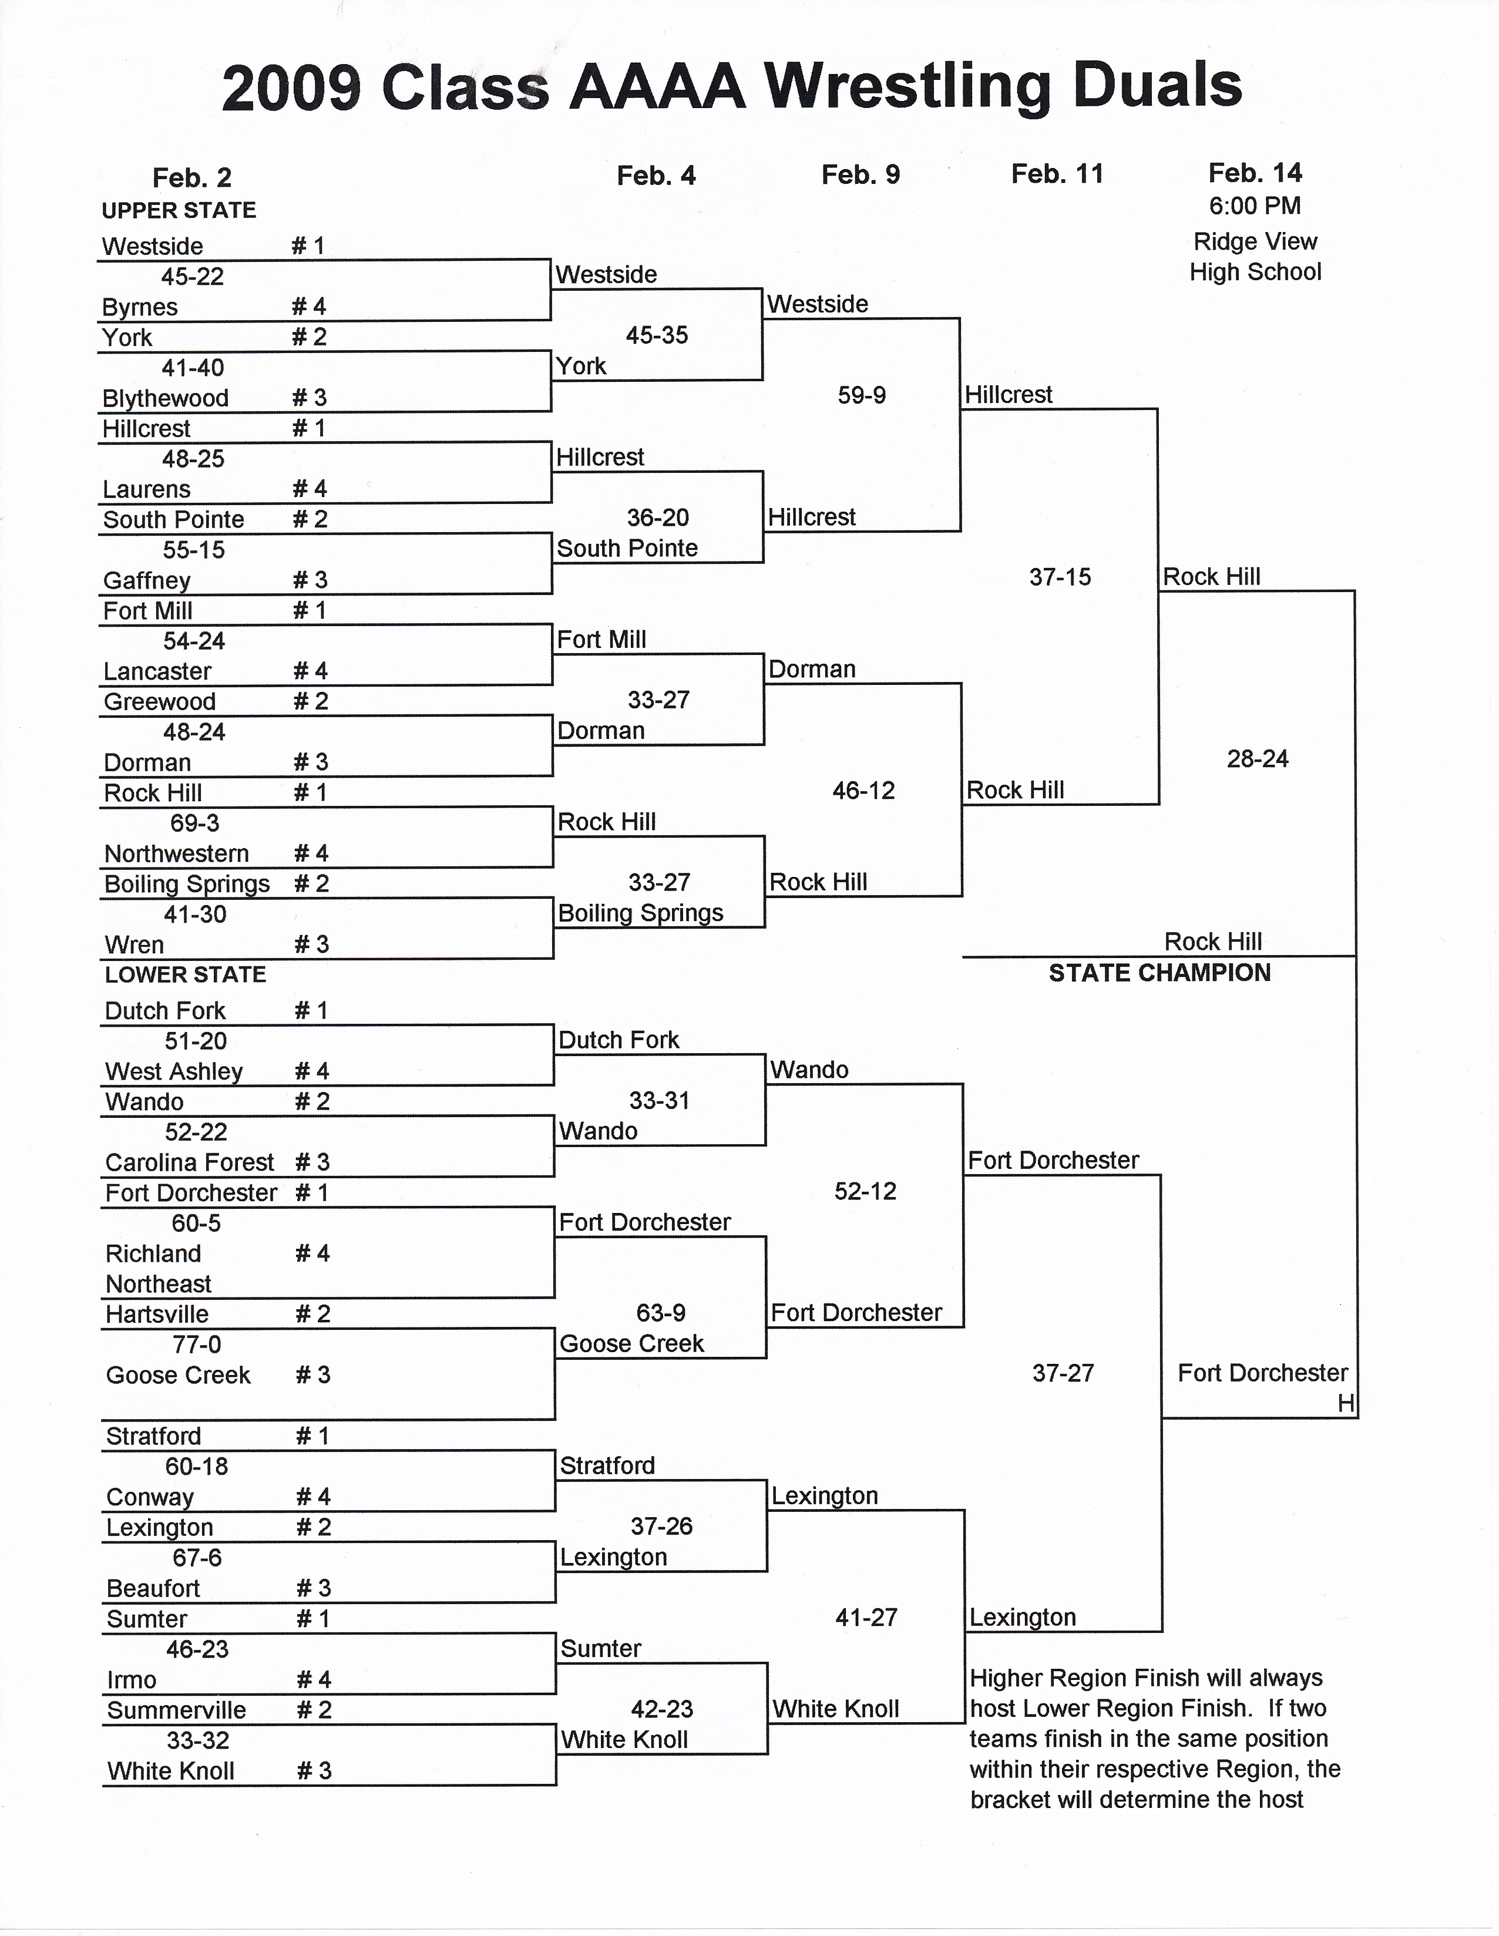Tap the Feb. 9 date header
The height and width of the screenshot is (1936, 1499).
(x=861, y=174)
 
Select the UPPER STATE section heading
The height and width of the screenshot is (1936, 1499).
(x=179, y=211)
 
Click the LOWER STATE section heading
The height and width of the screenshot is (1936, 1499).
(x=185, y=975)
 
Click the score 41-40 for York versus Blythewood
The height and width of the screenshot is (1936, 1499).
(x=193, y=368)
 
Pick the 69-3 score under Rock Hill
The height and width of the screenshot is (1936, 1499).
(x=195, y=824)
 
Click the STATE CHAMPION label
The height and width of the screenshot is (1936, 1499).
(x=1159, y=973)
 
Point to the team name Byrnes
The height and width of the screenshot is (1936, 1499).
(x=140, y=308)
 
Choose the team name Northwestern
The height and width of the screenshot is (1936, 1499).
(x=176, y=853)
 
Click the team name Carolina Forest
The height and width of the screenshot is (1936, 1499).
(x=190, y=1162)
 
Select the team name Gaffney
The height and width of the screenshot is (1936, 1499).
(x=147, y=580)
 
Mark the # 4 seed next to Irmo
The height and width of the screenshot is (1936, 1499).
(x=313, y=1680)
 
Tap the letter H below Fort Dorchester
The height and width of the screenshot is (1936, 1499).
(x=1346, y=1403)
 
